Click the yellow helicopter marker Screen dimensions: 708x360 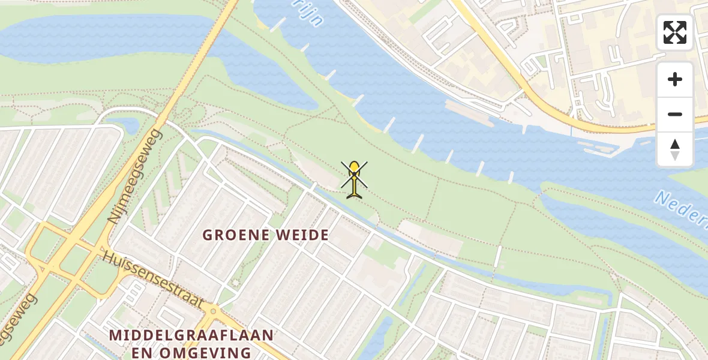click(355, 179)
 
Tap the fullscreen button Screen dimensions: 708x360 click(675, 32)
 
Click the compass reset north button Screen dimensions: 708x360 click(675, 149)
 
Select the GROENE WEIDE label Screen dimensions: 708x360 click(265, 235)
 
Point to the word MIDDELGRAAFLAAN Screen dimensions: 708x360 click(192, 335)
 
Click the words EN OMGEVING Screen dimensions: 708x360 click(192, 352)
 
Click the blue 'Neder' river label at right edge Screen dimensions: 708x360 click(682, 208)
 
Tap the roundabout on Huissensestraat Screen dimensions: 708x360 click(211, 311)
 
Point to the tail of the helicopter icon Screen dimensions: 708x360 click(355, 193)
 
